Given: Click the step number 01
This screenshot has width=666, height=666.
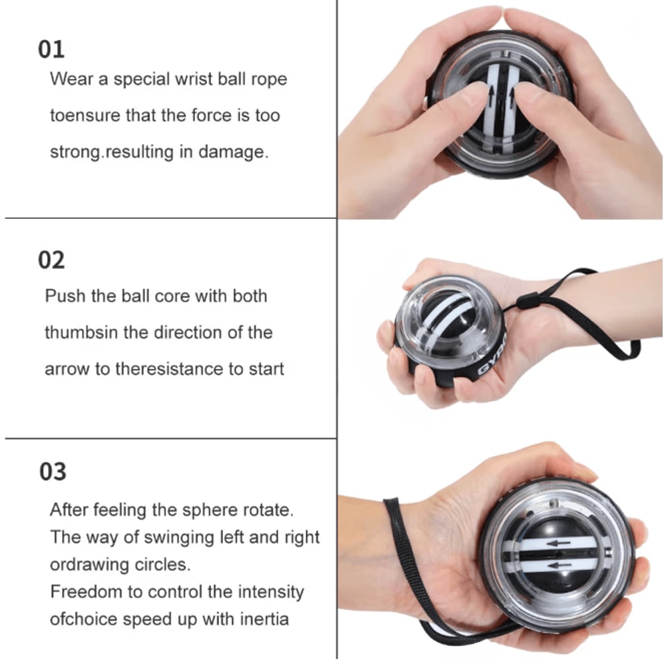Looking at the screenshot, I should click(51, 50).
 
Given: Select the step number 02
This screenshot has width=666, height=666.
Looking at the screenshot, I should click(51, 260).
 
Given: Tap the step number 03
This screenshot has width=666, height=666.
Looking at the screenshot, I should click(53, 472).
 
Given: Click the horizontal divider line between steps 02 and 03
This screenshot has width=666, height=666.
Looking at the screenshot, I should click(170, 438).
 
